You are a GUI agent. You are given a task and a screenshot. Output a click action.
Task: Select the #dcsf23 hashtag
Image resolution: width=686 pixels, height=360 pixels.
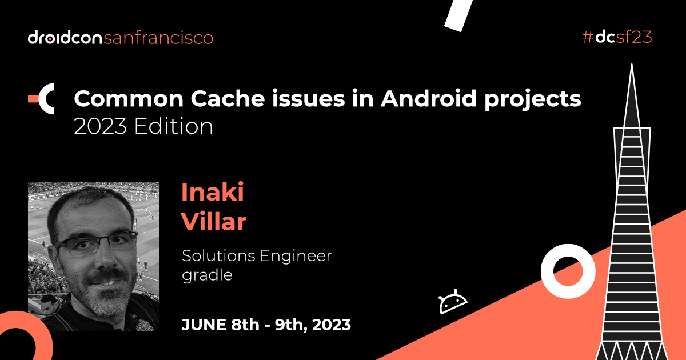pyautogui.click(x=617, y=38)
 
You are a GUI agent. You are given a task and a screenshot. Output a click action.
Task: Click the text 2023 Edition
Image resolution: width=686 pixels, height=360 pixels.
pyautogui.click(x=143, y=126)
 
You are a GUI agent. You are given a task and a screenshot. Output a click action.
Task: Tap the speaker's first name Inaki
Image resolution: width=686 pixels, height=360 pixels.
pyautogui.click(x=213, y=193)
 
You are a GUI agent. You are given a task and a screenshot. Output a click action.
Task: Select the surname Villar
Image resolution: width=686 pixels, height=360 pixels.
pyautogui.click(x=214, y=222)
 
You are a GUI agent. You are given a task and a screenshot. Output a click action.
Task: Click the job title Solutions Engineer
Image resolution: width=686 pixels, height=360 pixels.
pyautogui.click(x=257, y=255)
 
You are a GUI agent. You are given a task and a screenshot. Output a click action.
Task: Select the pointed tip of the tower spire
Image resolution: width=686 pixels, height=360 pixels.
pyautogui.click(x=631, y=67)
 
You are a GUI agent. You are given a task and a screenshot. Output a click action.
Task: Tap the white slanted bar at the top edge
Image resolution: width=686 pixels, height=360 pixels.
pyautogui.click(x=458, y=14)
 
